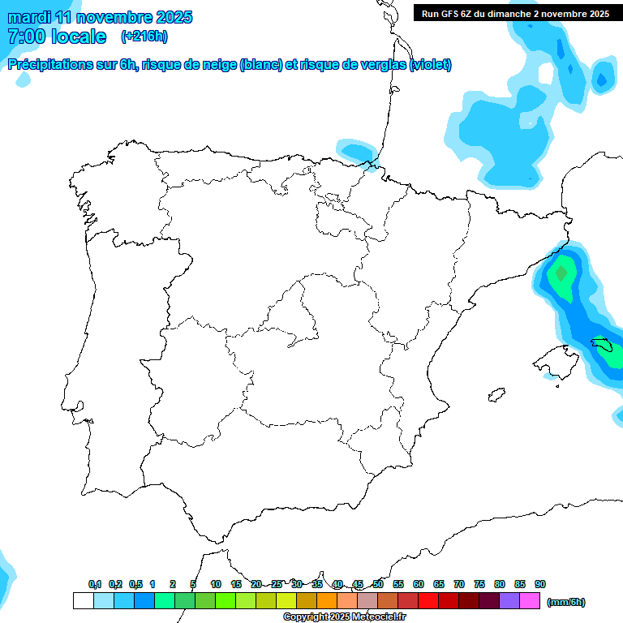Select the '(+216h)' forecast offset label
tap(144, 37)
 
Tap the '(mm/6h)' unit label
tap(565, 602)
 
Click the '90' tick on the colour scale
tap(540, 584)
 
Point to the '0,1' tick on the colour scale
tap(95, 584)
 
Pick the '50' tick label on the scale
tap(378, 584)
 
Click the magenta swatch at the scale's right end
tap(530, 600)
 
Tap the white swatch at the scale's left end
tap(83, 600)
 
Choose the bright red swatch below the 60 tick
tap(428, 600)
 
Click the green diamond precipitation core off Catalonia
tap(560, 273)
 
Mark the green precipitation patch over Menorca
tap(611, 351)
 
